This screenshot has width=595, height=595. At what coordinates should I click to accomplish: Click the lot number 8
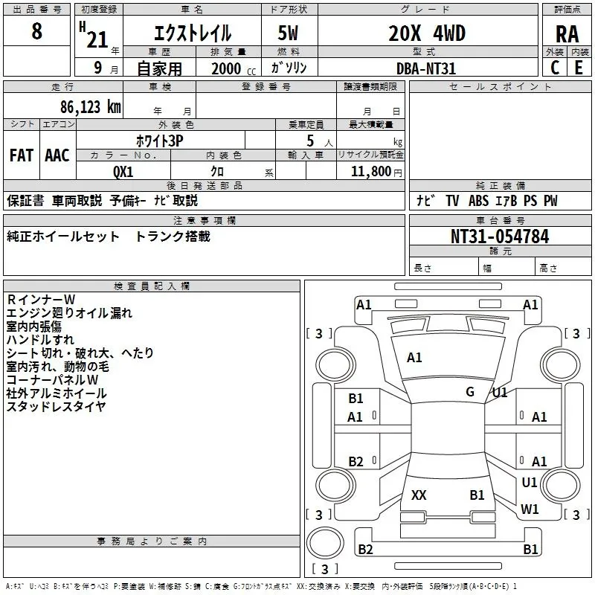[36, 30]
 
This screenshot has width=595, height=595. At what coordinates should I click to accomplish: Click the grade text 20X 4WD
[427, 33]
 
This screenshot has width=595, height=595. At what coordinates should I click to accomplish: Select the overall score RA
[567, 34]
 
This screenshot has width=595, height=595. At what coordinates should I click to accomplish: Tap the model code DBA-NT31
[425, 68]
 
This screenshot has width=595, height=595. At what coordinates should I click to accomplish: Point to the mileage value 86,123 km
[91, 107]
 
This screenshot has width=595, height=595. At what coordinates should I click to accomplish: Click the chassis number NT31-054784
[500, 237]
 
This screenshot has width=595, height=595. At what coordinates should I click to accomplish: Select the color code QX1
[123, 172]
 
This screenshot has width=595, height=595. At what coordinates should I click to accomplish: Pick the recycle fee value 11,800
[371, 172]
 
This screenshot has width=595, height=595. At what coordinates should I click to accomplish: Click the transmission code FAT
[22, 155]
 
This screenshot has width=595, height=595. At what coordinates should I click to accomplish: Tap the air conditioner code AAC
[57, 155]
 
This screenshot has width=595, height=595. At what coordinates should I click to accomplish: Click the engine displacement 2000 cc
[234, 68]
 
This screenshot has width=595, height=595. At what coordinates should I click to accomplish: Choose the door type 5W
[288, 33]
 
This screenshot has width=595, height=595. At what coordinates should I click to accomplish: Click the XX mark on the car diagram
[419, 495]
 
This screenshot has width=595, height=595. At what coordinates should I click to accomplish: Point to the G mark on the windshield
[470, 392]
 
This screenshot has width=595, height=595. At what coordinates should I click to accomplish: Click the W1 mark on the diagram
[530, 509]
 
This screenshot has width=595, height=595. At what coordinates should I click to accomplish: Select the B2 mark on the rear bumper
[365, 549]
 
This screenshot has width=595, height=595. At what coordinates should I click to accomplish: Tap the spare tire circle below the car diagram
[325, 543]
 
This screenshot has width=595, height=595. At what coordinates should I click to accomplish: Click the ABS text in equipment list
[478, 201]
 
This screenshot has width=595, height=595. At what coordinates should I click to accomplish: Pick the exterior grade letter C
[555, 68]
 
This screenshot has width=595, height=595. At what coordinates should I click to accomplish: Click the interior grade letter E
[579, 68]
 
